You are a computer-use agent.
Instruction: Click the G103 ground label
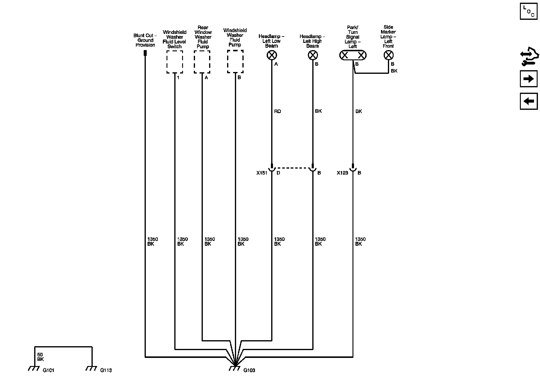[x=249, y=370]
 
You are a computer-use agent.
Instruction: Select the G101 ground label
[x=48, y=370]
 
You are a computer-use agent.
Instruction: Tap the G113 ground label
[x=106, y=370]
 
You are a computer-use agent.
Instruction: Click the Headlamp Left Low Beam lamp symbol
[x=272, y=55]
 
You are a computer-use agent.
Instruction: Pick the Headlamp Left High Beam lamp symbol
[x=313, y=55]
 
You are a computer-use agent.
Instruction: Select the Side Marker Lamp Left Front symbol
[x=388, y=55]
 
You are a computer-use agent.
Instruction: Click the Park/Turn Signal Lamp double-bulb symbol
[x=353, y=55]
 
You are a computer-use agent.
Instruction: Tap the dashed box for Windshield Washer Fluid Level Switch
[x=175, y=62]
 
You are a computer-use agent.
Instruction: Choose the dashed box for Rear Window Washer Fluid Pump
[x=202, y=62]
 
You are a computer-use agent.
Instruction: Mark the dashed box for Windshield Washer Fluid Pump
[x=235, y=62]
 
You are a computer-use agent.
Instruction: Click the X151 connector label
[x=262, y=173]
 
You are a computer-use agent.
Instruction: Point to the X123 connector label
[x=342, y=173]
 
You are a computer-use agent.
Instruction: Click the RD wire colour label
[x=277, y=111]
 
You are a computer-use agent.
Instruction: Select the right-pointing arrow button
[x=529, y=79]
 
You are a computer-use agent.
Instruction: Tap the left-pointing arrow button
[x=529, y=101]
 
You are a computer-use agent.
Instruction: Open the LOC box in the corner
[x=529, y=11]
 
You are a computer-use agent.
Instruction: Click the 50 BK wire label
[x=40, y=357]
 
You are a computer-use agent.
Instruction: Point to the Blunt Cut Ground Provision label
[x=145, y=40]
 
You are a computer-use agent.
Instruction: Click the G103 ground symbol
[x=235, y=368]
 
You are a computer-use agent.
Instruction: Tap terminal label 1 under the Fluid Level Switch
[x=178, y=78]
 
